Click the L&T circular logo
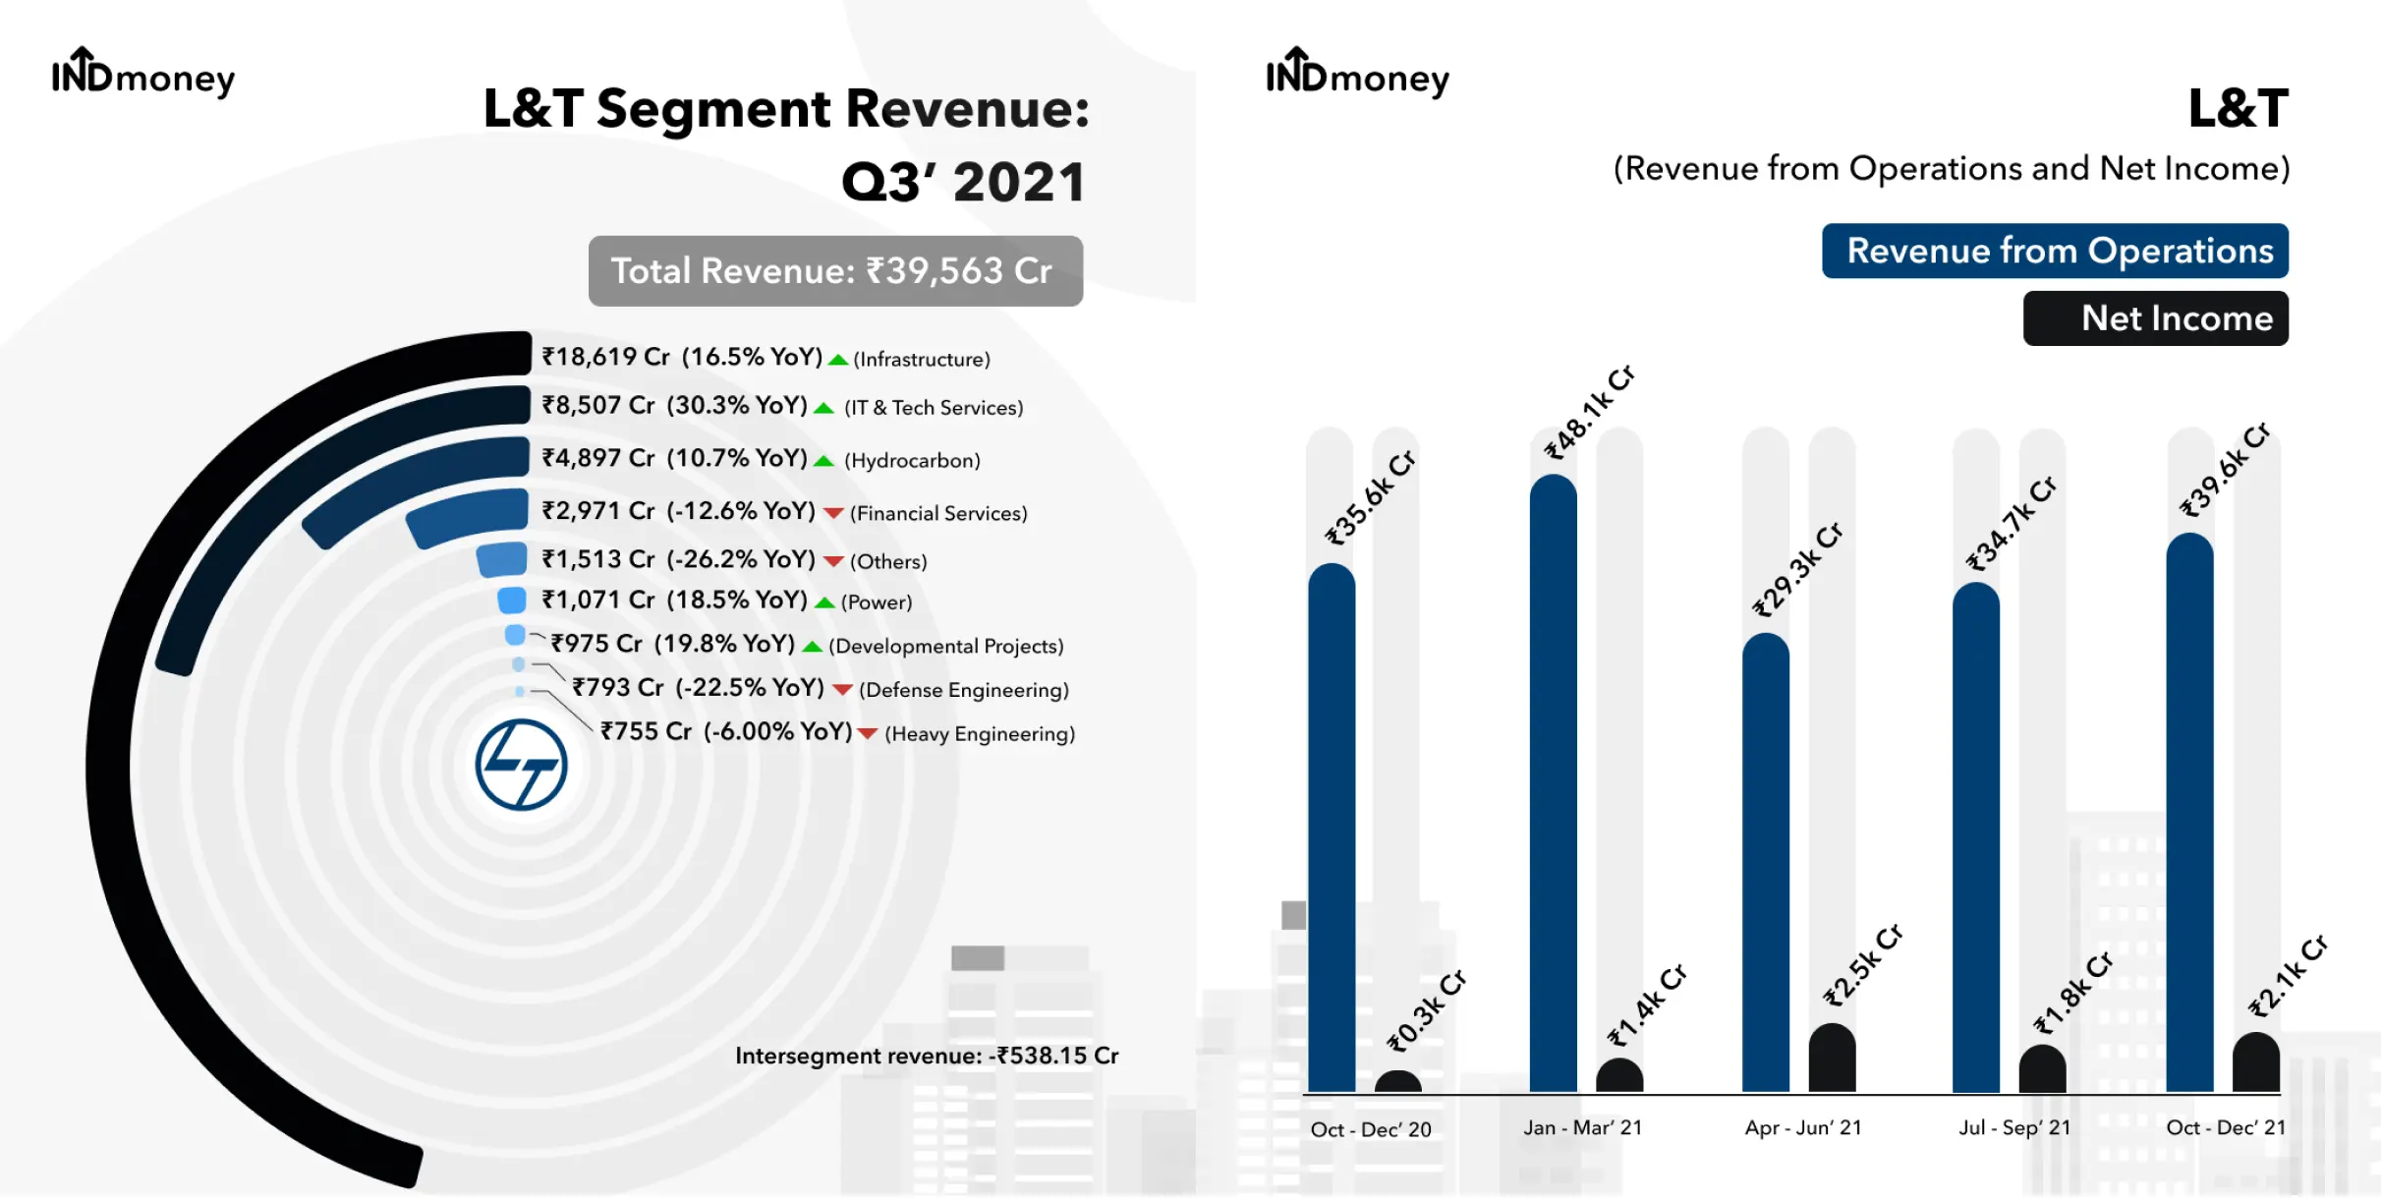pyautogui.click(x=521, y=765)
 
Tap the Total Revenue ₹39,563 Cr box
pyautogui.click(x=835, y=270)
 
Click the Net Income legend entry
pyautogui.click(x=2156, y=318)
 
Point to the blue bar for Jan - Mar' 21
pyautogui.click(x=1553, y=782)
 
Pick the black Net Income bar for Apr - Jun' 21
pyautogui.click(x=1832, y=1058)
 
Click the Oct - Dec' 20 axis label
pyautogui.click(x=1371, y=1129)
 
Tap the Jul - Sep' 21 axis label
pyautogui.click(x=2014, y=1127)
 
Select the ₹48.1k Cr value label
pyautogui.click(x=1590, y=412)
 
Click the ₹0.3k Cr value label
pyautogui.click(x=1426, y=1010)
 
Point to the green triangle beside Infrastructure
pyautogui.click(x=838, y=360)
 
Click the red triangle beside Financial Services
pyautogui.click(x=833, y=513)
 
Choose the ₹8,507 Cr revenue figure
pyautogui.click(x=597, y=405)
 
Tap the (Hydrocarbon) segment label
pyautogui.click(x=912, y=460)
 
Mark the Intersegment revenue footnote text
pyautogui.click(x=927, y=1056)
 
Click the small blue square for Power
pyautogui.click(x=512, y=600)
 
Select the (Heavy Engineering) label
pyautogui.click(x=980, y=734)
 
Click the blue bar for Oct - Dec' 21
pyautogui.click(x=2189, y=812)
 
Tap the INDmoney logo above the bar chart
pyautogui.click(x=1357, y=73)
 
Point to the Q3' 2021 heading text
pyautogui.click(x=963, y=182)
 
